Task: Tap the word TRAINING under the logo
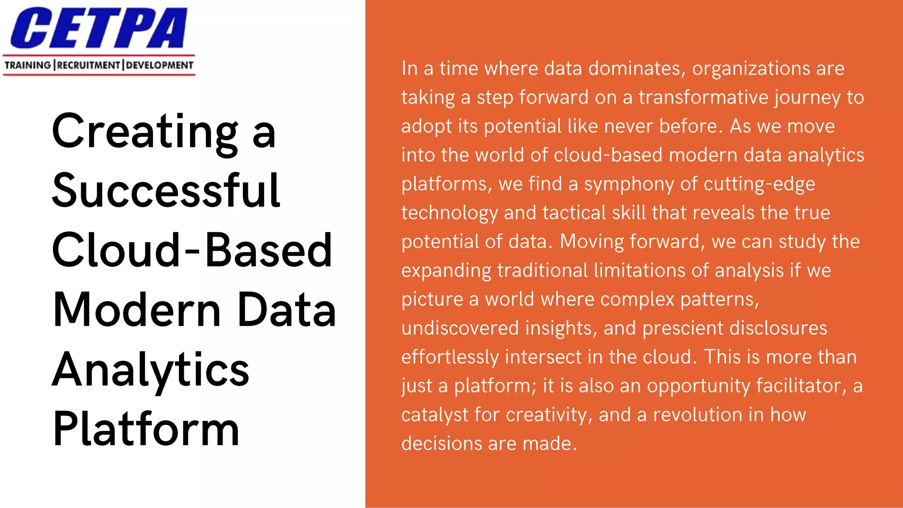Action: coord(28,65)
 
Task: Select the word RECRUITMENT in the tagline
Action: coord(89,65)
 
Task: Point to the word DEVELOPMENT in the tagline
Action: coord(160,65)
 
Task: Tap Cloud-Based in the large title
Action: coord(192,250)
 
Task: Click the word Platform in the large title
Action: coord(146,429)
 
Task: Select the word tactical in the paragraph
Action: coord(574,213)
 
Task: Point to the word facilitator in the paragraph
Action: coord(802,386)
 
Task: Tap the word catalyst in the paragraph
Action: coord(435,415)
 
